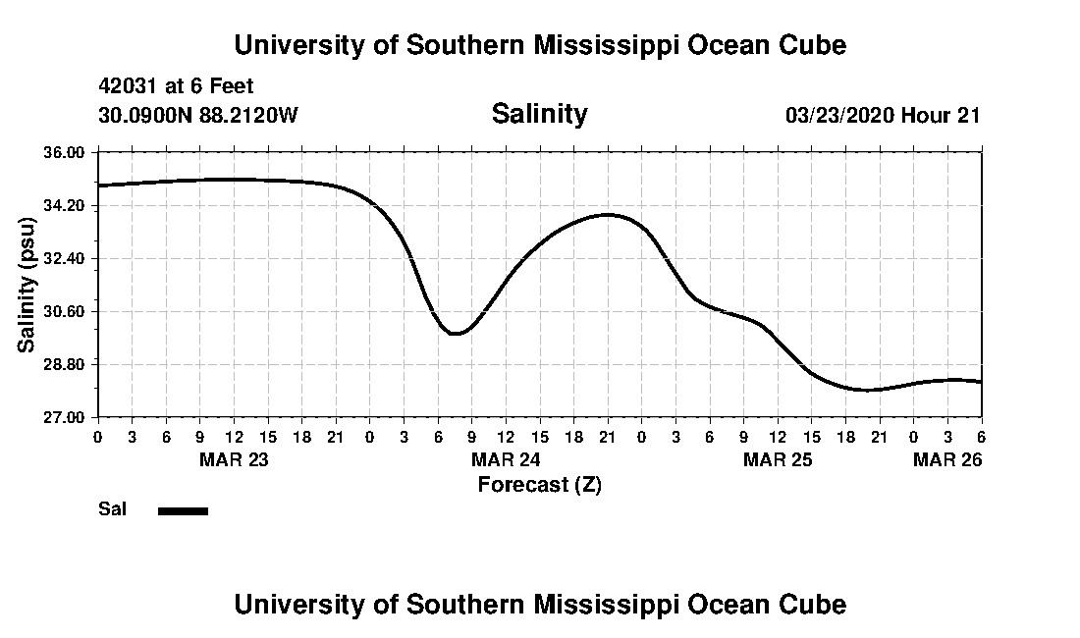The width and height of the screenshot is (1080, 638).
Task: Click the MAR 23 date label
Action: pyautogui.click(x=234, y=459)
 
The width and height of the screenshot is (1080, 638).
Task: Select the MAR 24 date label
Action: pyautogui.click(x=506, y=459)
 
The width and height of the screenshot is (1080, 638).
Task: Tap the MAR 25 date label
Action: pyautogui.click(x=778, y=459)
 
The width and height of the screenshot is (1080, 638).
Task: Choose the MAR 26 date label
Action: pyautogui.click(x=947, y=459)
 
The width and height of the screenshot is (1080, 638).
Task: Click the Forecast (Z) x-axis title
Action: pyautogui.click(x=539, y=485)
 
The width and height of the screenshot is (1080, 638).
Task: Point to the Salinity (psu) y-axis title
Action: pyautogui.click(x=27, y=285)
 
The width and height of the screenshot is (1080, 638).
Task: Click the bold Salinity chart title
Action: pyautogui.click(x=539, y=114)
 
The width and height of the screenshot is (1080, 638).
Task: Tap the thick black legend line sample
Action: pyautogui.click(x=183, y=510)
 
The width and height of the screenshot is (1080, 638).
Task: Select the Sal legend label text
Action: pyautogui.click(x=113, y=509)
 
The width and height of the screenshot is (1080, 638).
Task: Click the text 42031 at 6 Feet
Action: pyautogui.click(x=177, y=87)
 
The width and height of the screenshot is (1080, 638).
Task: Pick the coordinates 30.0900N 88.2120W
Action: pyautogui.click(x=197, y=116)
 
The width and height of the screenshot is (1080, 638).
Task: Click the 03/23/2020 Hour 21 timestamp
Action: pyautogui.click(x=883, y=116)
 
